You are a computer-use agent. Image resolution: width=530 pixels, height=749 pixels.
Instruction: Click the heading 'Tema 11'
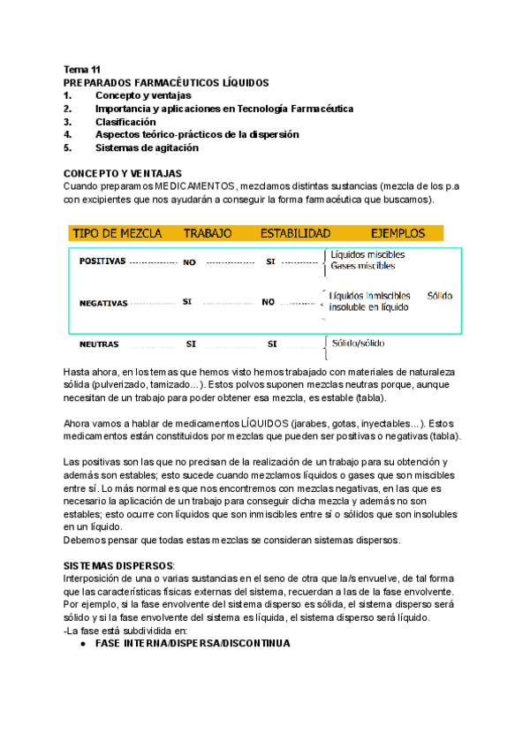pos(82,69)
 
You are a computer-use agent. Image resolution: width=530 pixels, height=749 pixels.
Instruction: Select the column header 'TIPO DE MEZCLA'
pos(117,233)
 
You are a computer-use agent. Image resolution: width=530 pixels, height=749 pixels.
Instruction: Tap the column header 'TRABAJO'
pos(208,233)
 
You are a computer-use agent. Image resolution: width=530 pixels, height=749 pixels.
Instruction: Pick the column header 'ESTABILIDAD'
pos(295,233)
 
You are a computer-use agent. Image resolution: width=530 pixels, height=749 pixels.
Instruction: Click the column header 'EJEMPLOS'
pos(397,233)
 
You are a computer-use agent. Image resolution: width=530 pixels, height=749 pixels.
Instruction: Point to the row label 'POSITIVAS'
pos(102,261)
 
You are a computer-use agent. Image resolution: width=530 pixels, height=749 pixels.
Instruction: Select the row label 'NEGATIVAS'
pos(103,302)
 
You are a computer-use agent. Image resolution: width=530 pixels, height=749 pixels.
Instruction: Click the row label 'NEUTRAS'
pos(99,344)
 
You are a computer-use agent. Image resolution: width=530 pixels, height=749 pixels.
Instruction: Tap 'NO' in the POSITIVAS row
pos(189,262)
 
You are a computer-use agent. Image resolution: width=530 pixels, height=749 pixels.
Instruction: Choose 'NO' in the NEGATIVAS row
pos(269,301)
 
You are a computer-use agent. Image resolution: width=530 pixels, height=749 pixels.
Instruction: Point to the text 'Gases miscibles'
pos(362,266)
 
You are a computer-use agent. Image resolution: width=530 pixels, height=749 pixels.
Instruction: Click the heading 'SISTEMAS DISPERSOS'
pos(119,565)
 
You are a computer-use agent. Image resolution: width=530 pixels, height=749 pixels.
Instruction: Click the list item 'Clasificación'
pos(125,122)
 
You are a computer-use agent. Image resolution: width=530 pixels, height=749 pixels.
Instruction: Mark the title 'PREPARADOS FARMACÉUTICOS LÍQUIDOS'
pos(166,82)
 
